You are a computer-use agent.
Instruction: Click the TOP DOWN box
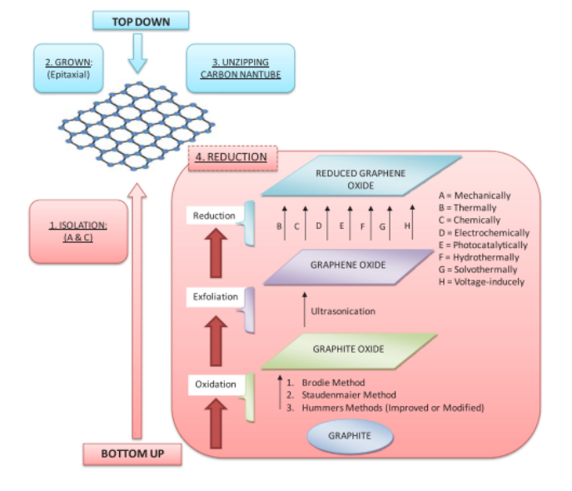[x=140, y=19]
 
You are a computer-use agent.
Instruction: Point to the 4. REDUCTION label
[x=231, y=156]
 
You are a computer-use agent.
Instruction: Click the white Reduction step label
[x=214, y=216]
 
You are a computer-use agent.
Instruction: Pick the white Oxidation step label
[x=215, y=384]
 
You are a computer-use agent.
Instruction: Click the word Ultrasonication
[x=342, y=311]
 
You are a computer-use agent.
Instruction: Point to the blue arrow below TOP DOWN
[x=139, y=55]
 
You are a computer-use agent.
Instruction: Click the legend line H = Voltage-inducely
[x=481, y=282]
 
